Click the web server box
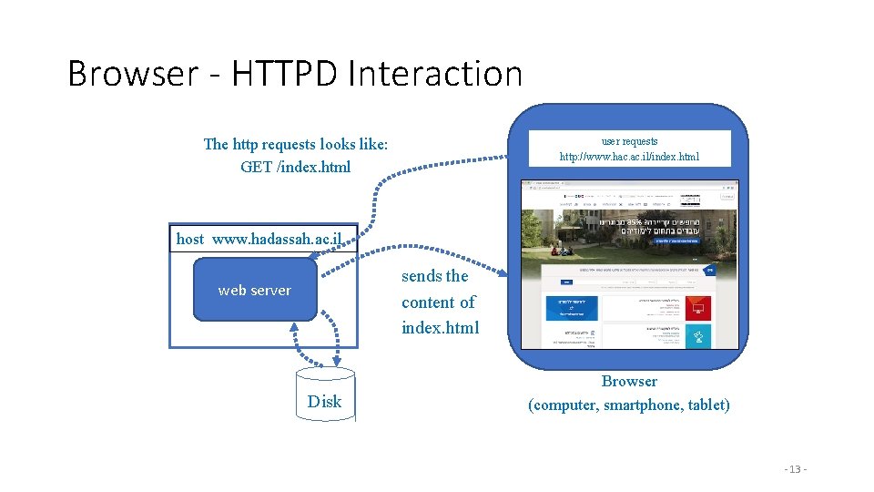tap(255, 291)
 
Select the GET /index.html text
tap(295, 167)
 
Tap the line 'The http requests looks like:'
tap(295, 144)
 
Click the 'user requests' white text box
tap(629, 149)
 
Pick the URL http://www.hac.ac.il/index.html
tap(629, 157)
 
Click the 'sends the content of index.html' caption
tap(440, 302)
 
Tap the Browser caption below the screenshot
tap(629, 381)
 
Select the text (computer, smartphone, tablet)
tap(629, 405)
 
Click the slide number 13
tap(795, 468)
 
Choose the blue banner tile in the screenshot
tap(570, 308)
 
